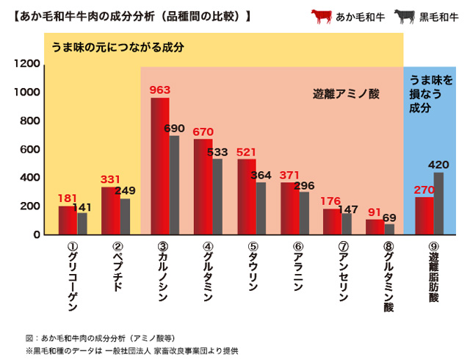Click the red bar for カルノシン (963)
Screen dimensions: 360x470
pos(160,166)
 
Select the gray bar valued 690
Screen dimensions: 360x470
pos(174,185)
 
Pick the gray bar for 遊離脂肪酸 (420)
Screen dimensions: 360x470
pos(438,204)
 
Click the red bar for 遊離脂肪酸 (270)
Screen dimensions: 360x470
pos(424,215)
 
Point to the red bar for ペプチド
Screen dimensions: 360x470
pos(110,211)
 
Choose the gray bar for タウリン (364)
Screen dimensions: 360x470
pos(261,209)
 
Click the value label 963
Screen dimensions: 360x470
pos(160,90)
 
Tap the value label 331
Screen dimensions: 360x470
pos(111,179)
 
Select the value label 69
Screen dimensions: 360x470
pos(390,218)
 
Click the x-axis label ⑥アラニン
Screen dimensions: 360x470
pos(297,267)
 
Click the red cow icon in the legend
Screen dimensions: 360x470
pos(321,15)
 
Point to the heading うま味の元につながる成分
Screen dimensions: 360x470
pos(117,47)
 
